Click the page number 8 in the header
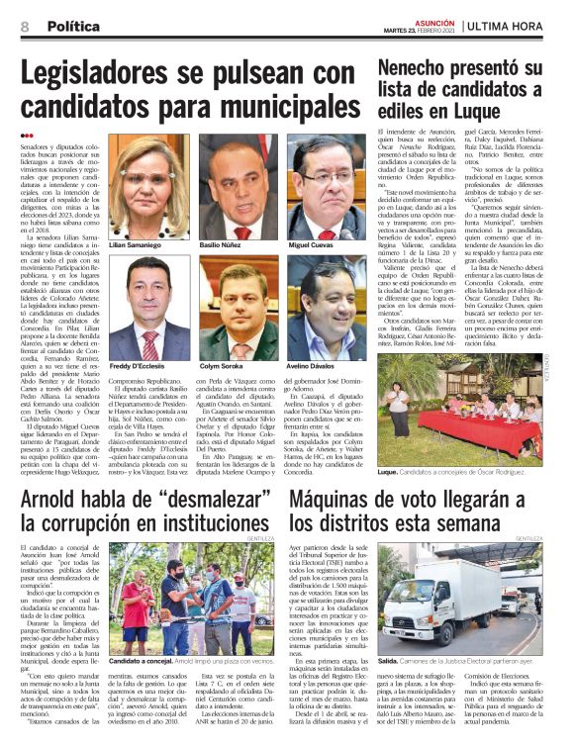(x=24, y=24)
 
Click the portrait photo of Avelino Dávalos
(x=320, y=309)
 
